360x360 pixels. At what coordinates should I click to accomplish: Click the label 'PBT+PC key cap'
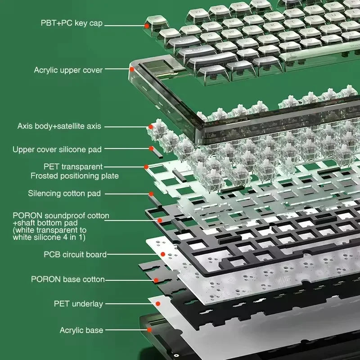[x=72, y=23]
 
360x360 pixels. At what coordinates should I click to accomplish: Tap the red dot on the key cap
[x=147, y=26]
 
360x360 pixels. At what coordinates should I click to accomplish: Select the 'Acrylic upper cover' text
[x=68, y=70]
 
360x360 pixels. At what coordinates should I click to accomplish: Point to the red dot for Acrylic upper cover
[x=132, y=69]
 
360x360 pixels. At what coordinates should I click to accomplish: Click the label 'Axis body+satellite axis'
[x=59, y=126]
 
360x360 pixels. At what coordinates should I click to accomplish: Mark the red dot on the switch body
[x=151, y=127]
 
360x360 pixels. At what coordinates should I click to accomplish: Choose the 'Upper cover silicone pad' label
[x=57, y=149]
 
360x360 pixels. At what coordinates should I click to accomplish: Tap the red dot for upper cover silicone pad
[x=151, y=148]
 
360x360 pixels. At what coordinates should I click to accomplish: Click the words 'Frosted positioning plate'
[x=75, y=176]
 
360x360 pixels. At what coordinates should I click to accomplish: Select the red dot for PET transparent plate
[x=146, y=167]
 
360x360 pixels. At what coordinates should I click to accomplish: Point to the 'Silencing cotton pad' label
[x=64, y=193]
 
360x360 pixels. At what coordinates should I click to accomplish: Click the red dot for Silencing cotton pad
[x=151, y=194]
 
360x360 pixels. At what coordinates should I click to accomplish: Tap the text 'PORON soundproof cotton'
[x=61, y=216]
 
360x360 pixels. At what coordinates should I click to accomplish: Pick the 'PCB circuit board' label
[x=75, y=254]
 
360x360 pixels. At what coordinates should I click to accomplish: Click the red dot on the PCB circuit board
[x=163, y=254]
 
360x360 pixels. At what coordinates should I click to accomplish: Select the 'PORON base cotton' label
[x=68, y=279]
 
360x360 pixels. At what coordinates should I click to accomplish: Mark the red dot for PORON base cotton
[x=156, y=280]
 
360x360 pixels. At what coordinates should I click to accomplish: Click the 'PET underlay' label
[x=78, y=304]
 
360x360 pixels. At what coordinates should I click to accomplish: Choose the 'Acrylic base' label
[x=81, y=330]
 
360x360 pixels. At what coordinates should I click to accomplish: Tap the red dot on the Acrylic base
[x=149, y=330]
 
